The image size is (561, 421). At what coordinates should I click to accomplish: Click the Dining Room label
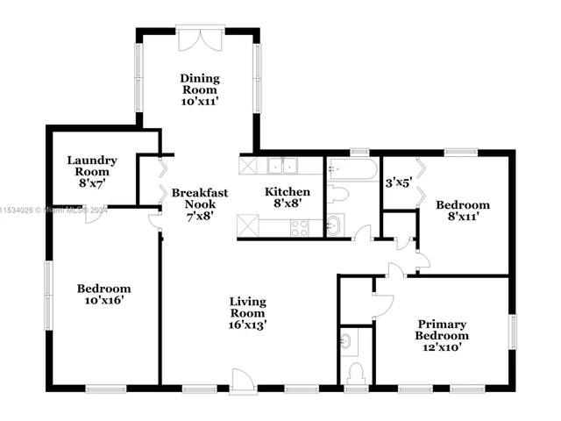200,84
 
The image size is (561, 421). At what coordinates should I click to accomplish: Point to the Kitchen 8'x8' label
288,198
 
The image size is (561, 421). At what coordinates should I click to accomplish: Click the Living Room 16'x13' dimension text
248,325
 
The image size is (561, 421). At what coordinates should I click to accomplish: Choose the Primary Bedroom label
442,329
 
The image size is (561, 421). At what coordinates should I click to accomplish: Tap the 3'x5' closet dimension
399,184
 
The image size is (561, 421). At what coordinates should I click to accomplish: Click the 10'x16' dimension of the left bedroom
103,300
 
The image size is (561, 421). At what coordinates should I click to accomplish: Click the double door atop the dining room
200,40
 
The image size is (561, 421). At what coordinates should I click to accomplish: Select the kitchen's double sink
283,165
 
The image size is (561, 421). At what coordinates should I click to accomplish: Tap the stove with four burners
299,227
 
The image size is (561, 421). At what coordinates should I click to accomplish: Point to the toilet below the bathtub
338,194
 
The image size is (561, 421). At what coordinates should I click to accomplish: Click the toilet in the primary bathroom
356,374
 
